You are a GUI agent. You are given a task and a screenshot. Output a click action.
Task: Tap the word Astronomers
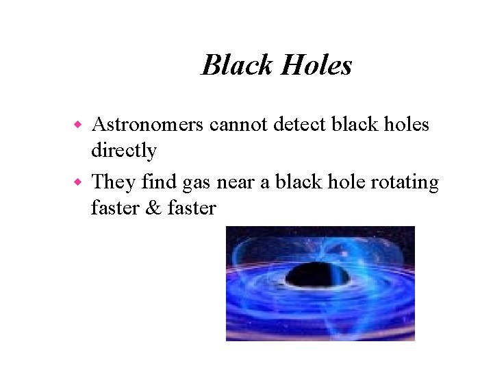(x=147, y=125)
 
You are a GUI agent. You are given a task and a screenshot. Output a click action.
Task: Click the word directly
(x=123, y=150)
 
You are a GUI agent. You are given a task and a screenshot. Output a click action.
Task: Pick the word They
(x=113, y=182)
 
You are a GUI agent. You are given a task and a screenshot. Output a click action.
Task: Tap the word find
(x=157, y=182)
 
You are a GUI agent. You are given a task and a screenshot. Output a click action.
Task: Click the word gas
(x=197, y=184)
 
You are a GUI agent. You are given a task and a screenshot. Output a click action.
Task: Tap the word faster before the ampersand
(x=114, y=208)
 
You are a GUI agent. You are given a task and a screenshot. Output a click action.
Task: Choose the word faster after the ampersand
(x=191, y=208)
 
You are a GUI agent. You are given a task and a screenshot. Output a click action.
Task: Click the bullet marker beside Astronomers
(x=78, y=125)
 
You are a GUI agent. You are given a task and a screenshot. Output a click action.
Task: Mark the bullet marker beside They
(x=78, y=183)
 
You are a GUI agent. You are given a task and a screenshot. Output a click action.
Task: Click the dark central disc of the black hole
(x=317, y=275)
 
